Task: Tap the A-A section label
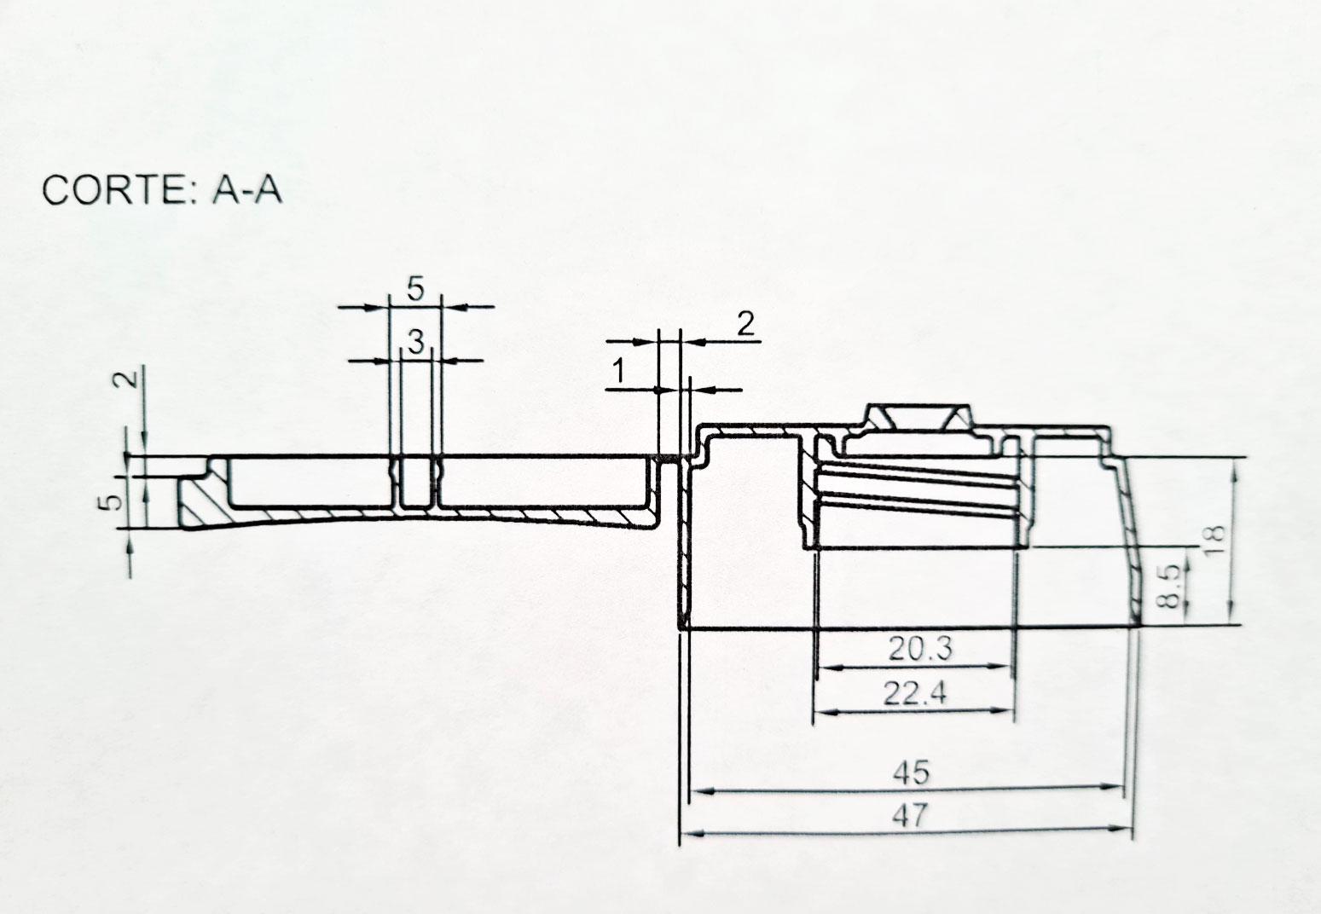[x=247, y=190]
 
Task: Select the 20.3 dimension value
[x=920, y=649]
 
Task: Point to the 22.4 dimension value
[x=915, y=693]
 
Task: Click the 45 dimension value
[x=911, y=772]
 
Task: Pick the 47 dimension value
[x=910, y=817]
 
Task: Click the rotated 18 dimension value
[x=1215, y=539]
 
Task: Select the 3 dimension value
[x=416, y=342]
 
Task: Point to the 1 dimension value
[x=618, y=372]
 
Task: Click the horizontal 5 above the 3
[x=415, y=289]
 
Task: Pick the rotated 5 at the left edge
[x=112, y=502]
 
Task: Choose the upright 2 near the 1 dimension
[x=745, y=324]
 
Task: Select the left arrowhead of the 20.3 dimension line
[x=829, y=668]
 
